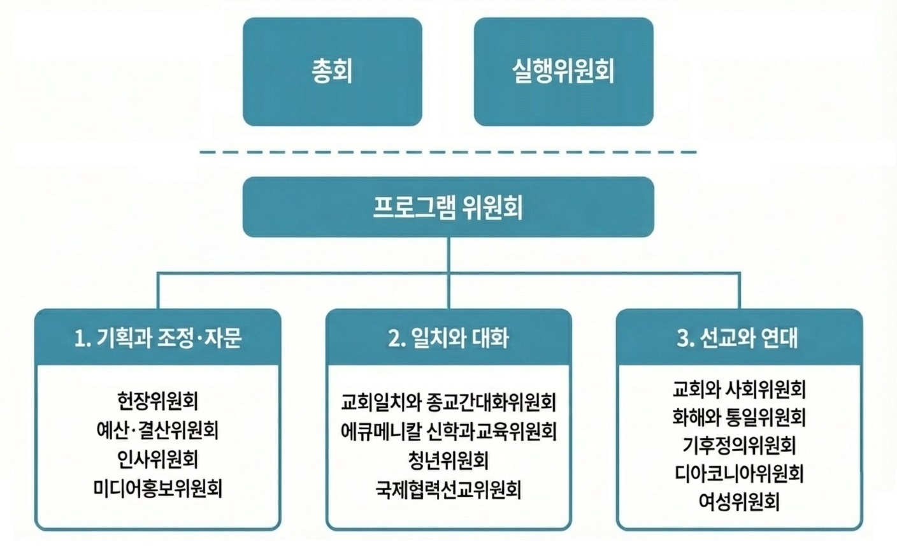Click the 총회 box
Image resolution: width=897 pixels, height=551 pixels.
tap(332, 71)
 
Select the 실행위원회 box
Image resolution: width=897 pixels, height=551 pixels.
tap(563, 71)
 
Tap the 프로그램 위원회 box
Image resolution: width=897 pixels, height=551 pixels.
tap(448, 207)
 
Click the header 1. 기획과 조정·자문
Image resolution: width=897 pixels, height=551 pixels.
tap(158, 337)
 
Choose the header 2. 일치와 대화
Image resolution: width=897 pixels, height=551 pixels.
tap(448, 337)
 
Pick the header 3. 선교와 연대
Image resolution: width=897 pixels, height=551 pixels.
tap(739, 337)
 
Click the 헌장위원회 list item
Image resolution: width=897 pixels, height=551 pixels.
tap(158, 400)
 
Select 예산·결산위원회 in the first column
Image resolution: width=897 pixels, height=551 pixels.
tap(158, 430)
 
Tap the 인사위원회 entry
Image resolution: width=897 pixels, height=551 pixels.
tap(158, 459)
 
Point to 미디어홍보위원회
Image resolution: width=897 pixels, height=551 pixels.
tap(158, 489)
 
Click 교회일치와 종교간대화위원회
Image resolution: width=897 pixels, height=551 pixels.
tap(448, 402)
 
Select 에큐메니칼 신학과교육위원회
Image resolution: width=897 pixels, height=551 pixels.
tap(448, 431)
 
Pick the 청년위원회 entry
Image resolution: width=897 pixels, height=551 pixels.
tap(448, 460)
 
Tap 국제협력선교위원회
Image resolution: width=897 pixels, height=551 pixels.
tap(448, 490)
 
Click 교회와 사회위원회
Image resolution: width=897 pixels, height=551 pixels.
tap(739, 388)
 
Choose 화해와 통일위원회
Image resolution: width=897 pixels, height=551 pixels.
tap(739, 416)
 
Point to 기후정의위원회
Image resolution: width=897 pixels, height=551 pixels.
tap(739, 445)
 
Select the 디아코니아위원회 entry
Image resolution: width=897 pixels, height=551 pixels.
tap(739, 474)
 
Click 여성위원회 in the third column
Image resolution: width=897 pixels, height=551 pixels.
tap(739, 502)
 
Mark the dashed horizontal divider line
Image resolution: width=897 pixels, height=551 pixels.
tap(448, 152)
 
